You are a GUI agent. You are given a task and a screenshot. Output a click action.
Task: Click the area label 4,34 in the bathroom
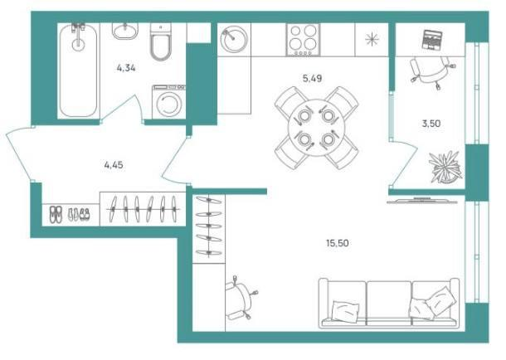pyautogui.click(x=126, y=68)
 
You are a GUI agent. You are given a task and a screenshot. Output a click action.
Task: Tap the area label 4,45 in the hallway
pyautogui.click(x=114, y=165)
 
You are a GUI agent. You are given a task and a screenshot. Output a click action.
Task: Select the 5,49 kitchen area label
pyautogui.click(x=312, y=78)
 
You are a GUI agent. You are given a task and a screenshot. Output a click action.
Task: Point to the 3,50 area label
pyautogui.click(x=431, y=124)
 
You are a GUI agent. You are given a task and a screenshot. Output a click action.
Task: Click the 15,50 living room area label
pyautogui.click(x=338, y=242)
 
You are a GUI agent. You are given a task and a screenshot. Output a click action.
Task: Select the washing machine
pyautogui.click(x=168, y=101)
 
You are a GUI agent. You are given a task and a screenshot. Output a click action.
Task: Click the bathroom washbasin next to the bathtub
pyautogui.click(x=125, y=32)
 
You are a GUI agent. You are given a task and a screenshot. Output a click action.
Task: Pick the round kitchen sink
pyautogui.click(x=234, y=39)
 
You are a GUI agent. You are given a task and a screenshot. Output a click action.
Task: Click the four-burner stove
pyautogui.click(x=303, y=40)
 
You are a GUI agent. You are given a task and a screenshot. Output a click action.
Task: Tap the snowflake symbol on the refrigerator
pyautogui.click(x=372, y=39)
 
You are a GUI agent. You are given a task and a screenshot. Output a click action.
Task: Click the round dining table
pyautogui.click(x=316, y=128)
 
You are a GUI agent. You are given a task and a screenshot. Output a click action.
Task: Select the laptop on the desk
pyautogui.click(x=432, y=40)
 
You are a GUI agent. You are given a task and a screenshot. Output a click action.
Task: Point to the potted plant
pyautogui.click(x=445, y=167)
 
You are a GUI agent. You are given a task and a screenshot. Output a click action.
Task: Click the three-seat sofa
pyautogui.click(x=389, y=304)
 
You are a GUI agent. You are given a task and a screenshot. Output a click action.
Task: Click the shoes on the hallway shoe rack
pyautogui.click(x=70, y=215)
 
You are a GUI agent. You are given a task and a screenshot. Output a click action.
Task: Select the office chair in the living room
pyautogui.click(x=241, y=298)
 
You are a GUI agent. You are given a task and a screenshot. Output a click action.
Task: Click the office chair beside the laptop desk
pyautogui.click(x=431, y=71)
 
